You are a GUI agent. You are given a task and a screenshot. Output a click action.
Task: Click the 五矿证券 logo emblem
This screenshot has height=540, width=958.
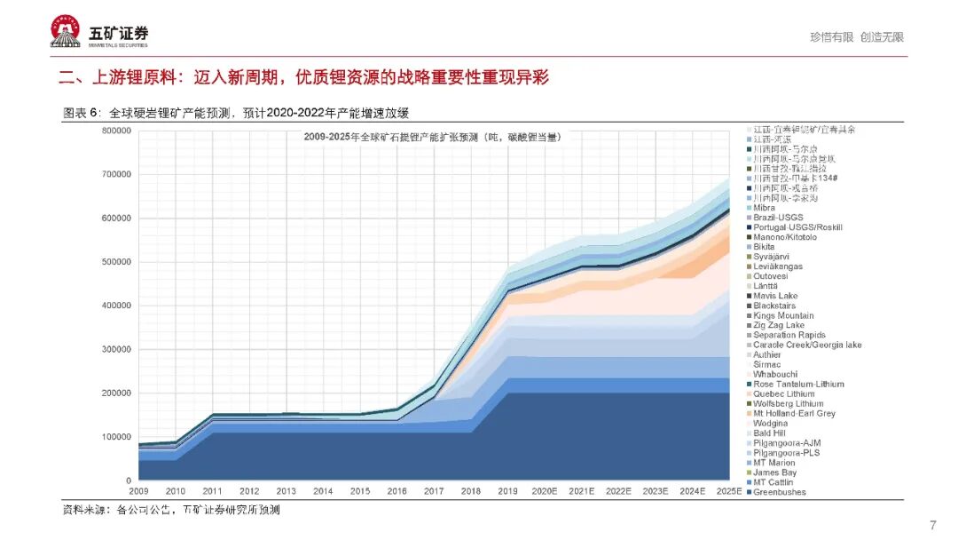click(x=67, y=32)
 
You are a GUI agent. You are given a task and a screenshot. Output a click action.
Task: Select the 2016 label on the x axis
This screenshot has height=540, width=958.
click(x=397, y=491)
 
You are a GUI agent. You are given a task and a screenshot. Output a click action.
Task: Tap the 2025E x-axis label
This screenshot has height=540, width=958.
click(x=728, y=491)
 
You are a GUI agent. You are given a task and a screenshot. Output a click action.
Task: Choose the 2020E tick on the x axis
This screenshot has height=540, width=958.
click(x=546, y=491)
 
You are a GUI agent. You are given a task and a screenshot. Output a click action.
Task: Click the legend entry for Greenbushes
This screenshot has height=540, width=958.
click(x=780, y=492)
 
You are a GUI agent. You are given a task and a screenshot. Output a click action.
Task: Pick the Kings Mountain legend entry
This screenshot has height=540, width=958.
click(x=783, y=316)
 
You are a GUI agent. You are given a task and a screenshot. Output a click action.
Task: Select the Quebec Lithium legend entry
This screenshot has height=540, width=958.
click(x=784, y=394)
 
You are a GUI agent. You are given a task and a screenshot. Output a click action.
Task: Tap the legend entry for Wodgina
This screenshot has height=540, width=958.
click(x=771, y=424)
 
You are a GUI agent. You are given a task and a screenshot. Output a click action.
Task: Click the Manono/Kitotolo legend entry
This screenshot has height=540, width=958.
click(x=785, y=237)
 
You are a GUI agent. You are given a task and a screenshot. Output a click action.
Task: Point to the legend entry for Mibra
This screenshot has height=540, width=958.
click(x=764, y=208)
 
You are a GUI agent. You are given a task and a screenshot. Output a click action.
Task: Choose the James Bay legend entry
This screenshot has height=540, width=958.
click(x=775, y=472)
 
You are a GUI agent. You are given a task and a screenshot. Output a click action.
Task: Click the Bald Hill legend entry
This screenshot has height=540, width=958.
click(x=770, y=433)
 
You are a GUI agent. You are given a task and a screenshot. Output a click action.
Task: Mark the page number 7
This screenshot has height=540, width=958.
click(x=932, y=524)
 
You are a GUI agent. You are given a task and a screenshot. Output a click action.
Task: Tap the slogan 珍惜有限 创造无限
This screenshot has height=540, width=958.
click(x=856, y=37)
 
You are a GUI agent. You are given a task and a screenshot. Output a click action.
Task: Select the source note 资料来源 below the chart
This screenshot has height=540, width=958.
click(x=170, y=510)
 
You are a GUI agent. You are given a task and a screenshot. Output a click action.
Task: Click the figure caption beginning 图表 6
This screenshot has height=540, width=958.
click(x=235, y=113)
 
